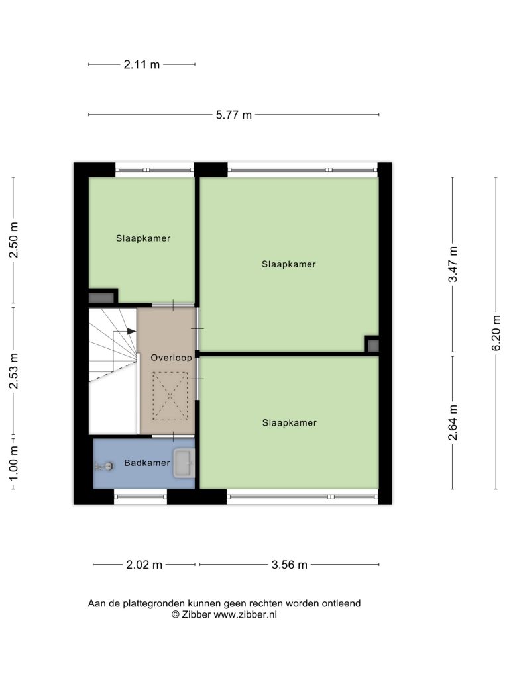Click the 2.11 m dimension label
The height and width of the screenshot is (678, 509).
click(x=142, y=64)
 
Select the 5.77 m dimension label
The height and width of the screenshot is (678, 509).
click(x=234, y=115)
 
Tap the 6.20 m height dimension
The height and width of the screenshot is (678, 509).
click(x=496, y=333)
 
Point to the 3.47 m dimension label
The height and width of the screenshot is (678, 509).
click(x=453, y=264)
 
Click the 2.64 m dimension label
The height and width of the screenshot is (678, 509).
click(x=453, y=422)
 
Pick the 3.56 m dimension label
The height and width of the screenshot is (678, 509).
click(x=289, y=565)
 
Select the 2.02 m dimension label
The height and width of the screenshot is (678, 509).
click(x=144, y=565)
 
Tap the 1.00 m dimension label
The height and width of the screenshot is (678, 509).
click(x=14, y=463)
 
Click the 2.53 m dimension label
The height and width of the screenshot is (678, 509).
click(x=14, y=371)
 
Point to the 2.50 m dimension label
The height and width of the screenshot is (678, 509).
click(x=14, y=240)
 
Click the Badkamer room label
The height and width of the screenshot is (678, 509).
click(x=146, y=463)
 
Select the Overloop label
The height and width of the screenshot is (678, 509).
click(x=171, y=358)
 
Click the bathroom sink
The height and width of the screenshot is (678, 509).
click(x=184, y=463)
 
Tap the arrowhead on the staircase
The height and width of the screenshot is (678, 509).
click(x=131, y=331)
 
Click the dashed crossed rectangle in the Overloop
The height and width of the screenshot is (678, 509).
click(x=170, y=396)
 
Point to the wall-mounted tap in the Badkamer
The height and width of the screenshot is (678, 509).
click(x=105, y=467)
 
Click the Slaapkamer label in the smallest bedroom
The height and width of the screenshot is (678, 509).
click(x=143, y=238)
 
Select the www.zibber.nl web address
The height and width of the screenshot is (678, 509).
click(x=245, y=615)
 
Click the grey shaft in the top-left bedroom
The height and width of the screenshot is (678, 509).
click(x=101, y=297)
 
